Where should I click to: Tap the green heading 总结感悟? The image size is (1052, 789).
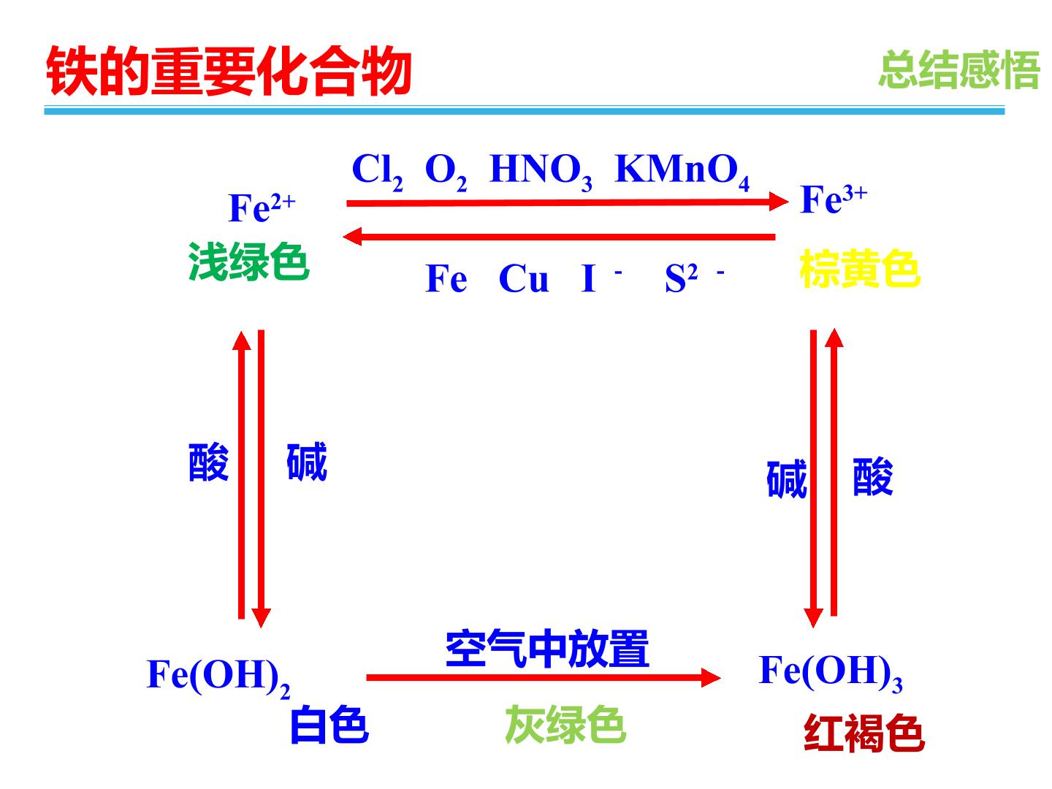coord(959,70)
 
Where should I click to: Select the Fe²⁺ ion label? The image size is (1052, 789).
coord(262,207)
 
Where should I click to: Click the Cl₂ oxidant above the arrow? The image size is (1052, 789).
coord(377,172)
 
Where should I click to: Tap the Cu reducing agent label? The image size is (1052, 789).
coord(523,278)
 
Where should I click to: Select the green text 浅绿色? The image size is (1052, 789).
coord(248,262)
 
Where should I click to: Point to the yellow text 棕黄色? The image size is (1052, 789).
coord(860,268)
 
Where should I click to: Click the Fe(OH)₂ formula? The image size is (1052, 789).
coord(218,677)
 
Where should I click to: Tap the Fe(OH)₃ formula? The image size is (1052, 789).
coord(831,673)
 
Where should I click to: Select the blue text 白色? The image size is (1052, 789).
coord(329,724)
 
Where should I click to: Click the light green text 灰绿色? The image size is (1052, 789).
coord(565,724)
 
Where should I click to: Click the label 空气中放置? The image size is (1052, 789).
coord(547,649)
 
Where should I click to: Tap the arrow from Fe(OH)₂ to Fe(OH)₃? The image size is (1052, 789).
coord(544,677)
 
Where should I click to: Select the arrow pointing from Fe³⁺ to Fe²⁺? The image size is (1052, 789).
coord(559,237)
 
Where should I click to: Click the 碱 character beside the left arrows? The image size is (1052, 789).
coord(307,462)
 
